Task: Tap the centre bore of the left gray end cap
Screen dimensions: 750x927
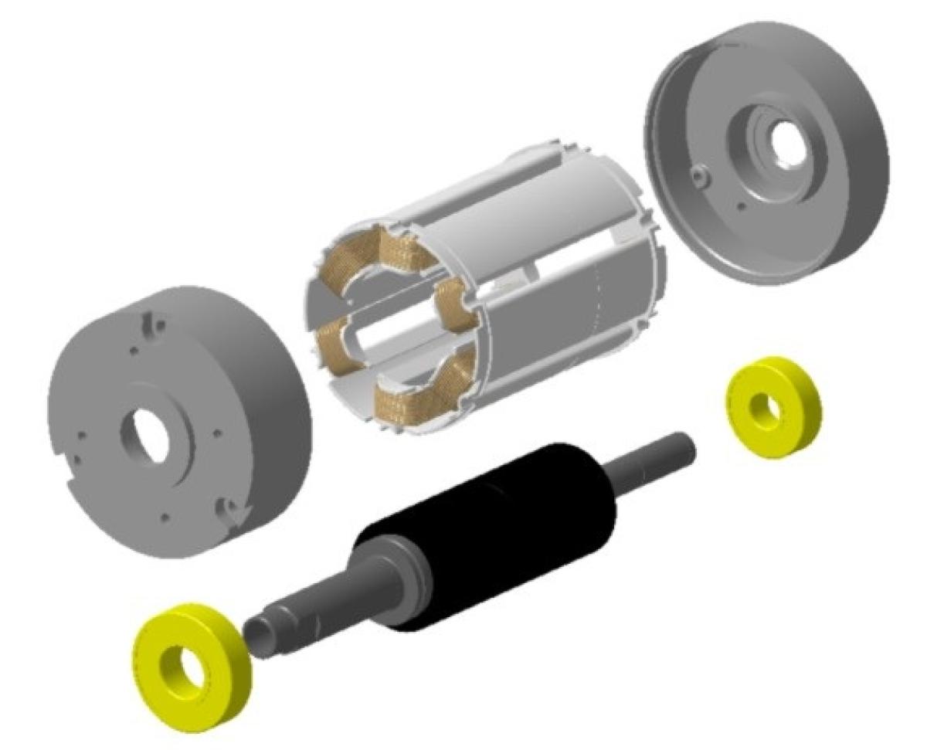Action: [150, 436]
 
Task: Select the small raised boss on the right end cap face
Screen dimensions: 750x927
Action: [700, 177]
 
